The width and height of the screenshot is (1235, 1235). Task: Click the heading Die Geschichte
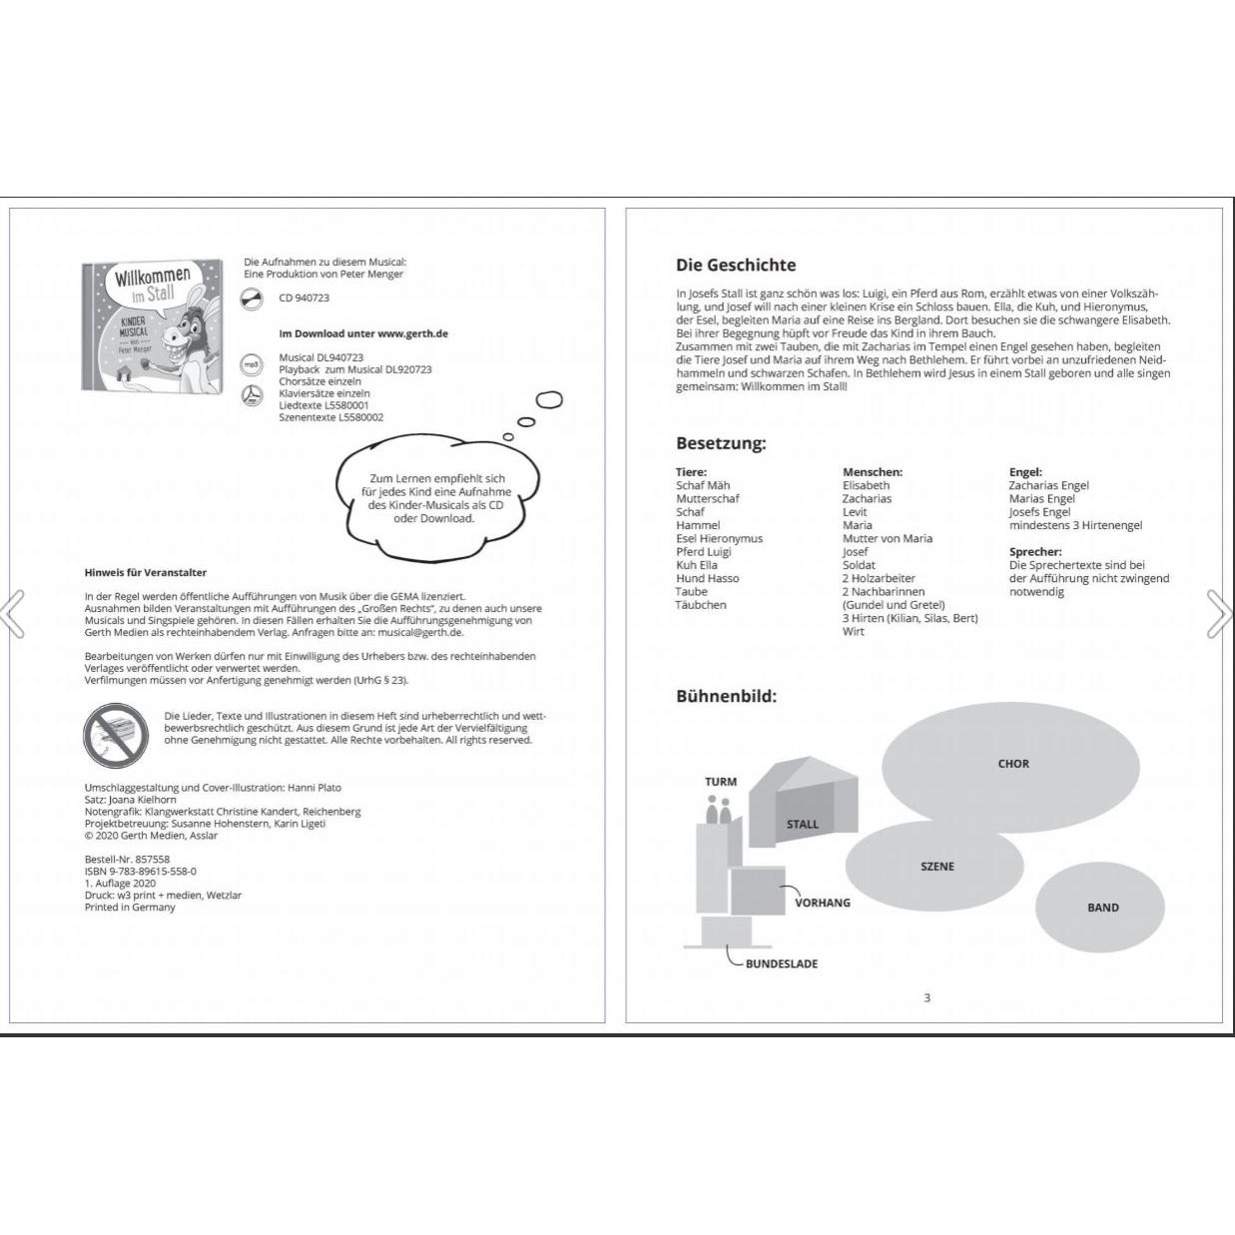point(736,265)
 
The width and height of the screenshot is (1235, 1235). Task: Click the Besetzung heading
point(721,443)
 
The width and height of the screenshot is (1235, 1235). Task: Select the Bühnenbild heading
point(726,696)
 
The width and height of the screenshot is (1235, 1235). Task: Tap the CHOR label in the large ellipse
point(1012,764)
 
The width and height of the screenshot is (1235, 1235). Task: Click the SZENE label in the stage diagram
point(936,867)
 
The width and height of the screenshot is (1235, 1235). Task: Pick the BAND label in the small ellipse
point(1102,908)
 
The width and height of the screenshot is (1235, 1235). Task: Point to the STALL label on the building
point(802,825)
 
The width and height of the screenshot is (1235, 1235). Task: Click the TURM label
point(720,782)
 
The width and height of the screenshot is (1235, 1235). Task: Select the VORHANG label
point(822,903)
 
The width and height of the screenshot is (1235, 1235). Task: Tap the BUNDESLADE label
point(781,964)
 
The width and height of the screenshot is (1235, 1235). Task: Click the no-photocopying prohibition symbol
point(116,735)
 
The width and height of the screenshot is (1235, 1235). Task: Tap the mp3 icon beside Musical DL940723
point(252,364)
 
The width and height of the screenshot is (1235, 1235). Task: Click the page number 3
point(926,997)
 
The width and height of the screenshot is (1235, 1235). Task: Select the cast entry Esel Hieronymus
point(719,538)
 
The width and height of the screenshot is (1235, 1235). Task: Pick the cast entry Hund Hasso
point(707,578)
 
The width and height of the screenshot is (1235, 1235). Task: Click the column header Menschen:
point(872,472)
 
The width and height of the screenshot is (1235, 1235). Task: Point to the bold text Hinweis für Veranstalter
point(146,573)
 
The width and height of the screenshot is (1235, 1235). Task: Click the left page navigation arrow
point(13,614)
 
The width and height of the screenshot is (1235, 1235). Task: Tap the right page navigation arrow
point(1220,614)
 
